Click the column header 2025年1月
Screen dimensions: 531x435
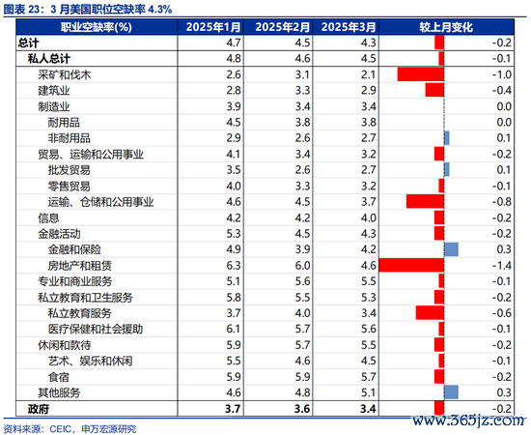point(213,27)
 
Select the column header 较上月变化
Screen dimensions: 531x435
point(446,27)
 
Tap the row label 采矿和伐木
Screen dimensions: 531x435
point(65,74)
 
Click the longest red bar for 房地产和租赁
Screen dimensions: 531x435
point(411,265)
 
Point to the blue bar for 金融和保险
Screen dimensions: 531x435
point(452,249)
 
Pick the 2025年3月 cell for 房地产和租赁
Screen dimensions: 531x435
point(368,266)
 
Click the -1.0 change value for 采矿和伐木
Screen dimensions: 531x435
point(501,74)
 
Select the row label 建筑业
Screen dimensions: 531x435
point(54,91)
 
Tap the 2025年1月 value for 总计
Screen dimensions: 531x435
point(234,43)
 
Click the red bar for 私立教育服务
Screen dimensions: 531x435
point(430,313)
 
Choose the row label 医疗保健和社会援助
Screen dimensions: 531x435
point(96,329)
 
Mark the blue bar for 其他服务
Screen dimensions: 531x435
point(452,392)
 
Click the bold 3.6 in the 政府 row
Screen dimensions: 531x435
point(302,409)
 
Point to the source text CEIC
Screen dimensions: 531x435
point(60,429)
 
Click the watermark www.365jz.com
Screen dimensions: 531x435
point(468,420)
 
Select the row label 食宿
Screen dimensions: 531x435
point(59,377)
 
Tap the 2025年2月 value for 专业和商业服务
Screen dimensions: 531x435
point(302,281)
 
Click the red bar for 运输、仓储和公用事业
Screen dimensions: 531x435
point(425,202)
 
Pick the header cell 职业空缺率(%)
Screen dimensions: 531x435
point(97,27)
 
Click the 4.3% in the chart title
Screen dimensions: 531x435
point(160,9)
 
